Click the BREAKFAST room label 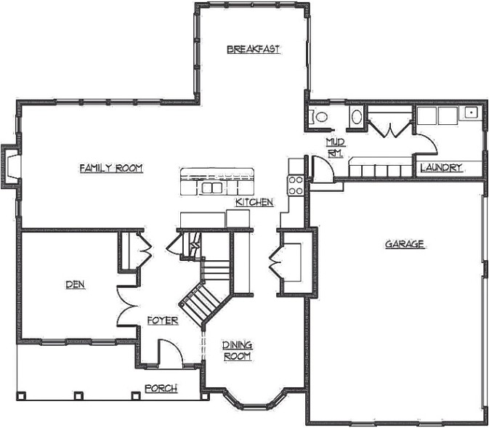tap(253, 49)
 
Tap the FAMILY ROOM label tap(110, 168)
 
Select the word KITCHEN tap(254, 202)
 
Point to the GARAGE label tap(404, 244)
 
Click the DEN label tap(74, 285)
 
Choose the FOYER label tap(162, 320)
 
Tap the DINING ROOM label tap(237, 351)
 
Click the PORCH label tap(161, 389)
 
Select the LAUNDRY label tap(441, 168)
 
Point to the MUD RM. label tap(334, 147)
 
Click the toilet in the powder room tap(320, 116)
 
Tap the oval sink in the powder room tap(357, 117)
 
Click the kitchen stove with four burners tap(296, 185)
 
